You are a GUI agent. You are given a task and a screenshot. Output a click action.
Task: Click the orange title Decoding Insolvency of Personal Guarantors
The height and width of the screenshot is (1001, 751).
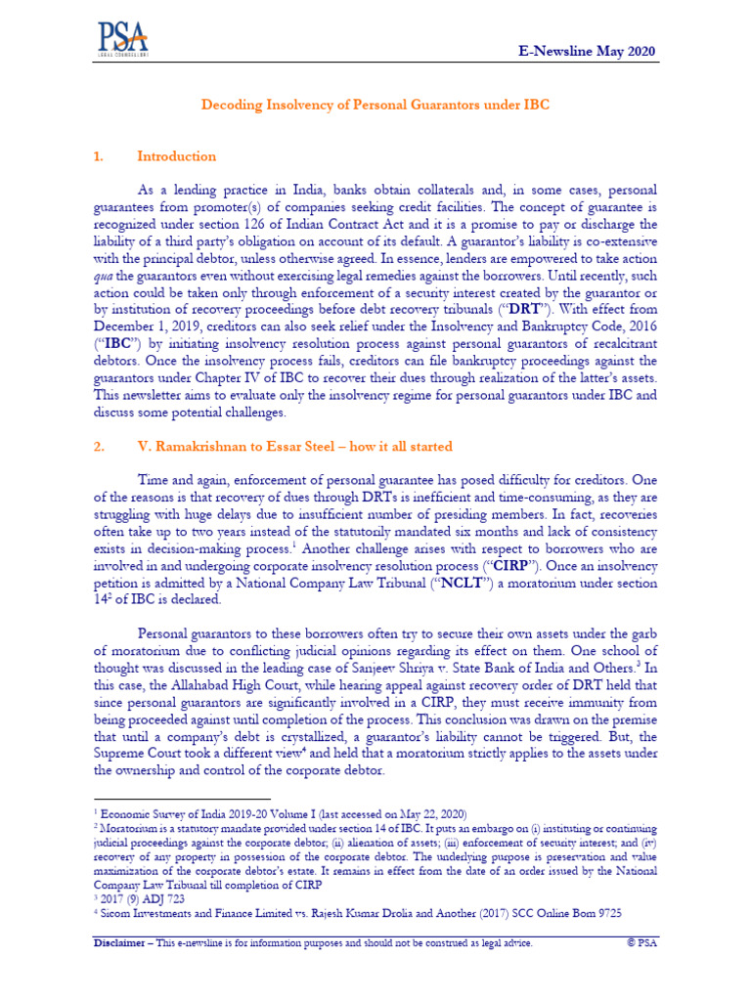(375, 103)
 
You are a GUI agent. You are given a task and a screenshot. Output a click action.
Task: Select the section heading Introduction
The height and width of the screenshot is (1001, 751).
(176, 156)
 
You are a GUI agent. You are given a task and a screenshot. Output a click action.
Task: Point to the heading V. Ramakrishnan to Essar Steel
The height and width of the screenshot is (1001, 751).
(294, 447)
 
